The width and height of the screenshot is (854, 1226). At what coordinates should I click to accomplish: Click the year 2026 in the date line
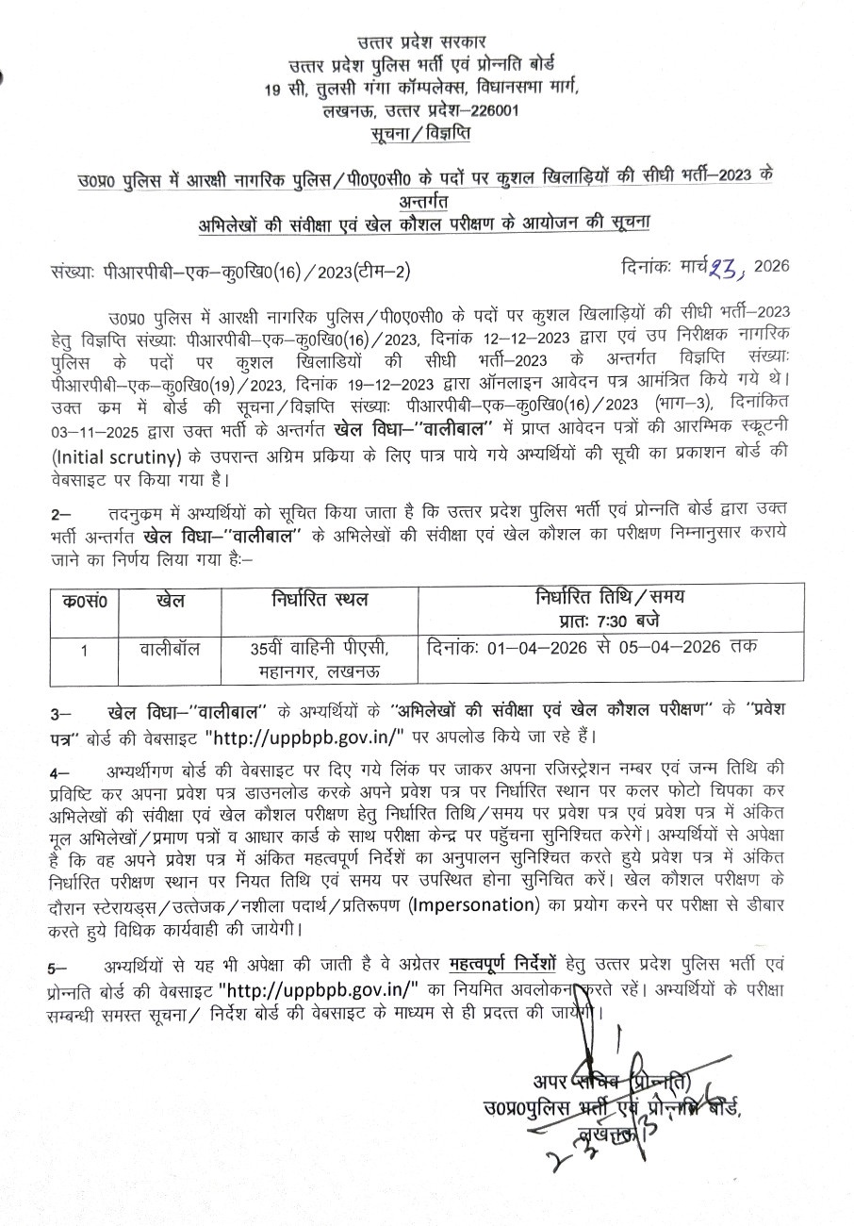770,267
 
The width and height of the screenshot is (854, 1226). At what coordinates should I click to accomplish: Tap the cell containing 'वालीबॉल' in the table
165,648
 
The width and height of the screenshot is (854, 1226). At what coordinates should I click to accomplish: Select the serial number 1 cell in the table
83,649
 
